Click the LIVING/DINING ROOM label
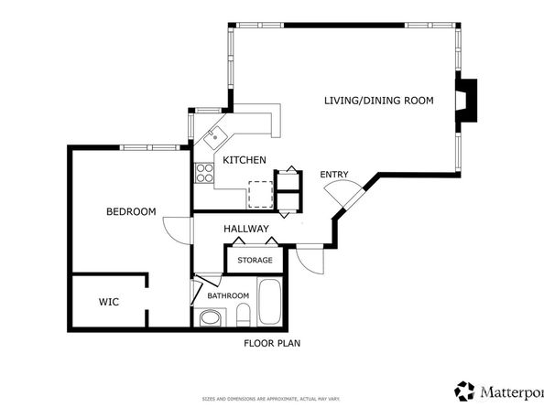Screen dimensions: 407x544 [x=378, y=101]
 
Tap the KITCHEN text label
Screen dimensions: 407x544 [x=245, y=160]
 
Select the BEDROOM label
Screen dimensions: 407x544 [x=131, y=211]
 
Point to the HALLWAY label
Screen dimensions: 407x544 [x=245, y=229]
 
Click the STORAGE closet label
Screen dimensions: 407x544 [x=255, y=261]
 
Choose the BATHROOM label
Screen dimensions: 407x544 [x=228, y=295]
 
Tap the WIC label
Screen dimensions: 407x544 [x=109, y=301]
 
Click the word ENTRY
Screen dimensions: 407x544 [x=333, y=175]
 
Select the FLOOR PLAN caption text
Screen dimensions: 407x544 [x=272, y=344]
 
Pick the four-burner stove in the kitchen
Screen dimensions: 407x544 [x=202, y=171]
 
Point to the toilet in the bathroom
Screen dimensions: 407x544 [x=243, y=316]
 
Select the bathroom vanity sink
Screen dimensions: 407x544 [x=211, y=318]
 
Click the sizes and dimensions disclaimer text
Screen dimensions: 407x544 [x=272, y=400]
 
